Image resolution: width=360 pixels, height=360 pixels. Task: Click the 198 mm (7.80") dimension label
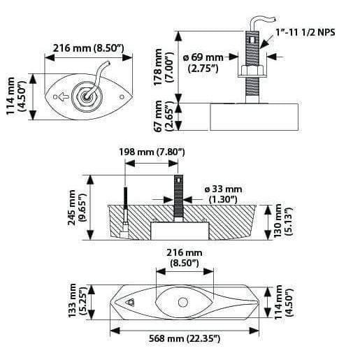[152, 152]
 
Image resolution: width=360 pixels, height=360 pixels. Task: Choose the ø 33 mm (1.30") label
[224, 194]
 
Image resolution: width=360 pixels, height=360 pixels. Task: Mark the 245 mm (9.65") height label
[75, 208]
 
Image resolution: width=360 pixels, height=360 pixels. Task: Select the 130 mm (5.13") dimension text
[282, 221]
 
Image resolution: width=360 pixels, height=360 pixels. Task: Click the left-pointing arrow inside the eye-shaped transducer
[62, 97]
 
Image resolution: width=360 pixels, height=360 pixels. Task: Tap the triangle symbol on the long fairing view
[131, 303]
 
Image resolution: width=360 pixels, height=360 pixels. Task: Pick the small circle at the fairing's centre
[182, 303]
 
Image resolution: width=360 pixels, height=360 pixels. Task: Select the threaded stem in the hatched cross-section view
[179, 199]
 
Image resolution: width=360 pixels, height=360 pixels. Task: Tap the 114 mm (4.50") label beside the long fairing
[282, 302]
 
